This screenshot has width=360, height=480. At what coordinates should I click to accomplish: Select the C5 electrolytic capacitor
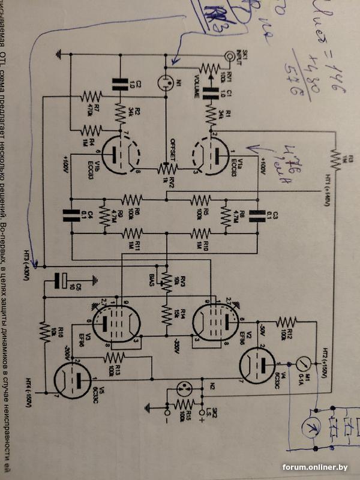[x=61, y=280]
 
